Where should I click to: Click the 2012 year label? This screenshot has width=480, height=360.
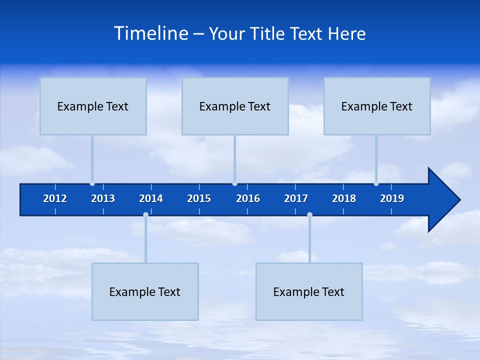(55, 198)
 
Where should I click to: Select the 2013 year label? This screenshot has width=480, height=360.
(103, 198)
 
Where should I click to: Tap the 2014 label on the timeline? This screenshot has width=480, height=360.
(151, 198)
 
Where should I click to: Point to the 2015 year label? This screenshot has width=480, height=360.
(199, 198)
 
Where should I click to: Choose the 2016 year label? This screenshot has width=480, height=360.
(248, 198)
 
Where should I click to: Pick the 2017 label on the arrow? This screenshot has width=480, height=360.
(296, 198)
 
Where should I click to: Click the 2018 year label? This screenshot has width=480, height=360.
(344, 198)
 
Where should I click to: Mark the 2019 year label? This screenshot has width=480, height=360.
(392, 198)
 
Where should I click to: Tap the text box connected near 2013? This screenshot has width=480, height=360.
(93, 106)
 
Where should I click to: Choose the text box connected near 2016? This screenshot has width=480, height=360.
(235, 106)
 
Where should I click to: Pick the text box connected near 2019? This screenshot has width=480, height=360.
(377, 106)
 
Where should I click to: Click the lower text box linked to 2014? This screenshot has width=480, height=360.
(145, 291)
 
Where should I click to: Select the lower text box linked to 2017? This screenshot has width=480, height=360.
(309, 291)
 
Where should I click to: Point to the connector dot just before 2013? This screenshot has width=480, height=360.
(92, 183)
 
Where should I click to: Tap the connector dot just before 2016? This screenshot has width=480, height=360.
(234, 183)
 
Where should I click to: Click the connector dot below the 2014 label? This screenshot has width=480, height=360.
(145, 215)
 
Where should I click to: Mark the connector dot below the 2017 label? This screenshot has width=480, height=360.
(309, 215)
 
